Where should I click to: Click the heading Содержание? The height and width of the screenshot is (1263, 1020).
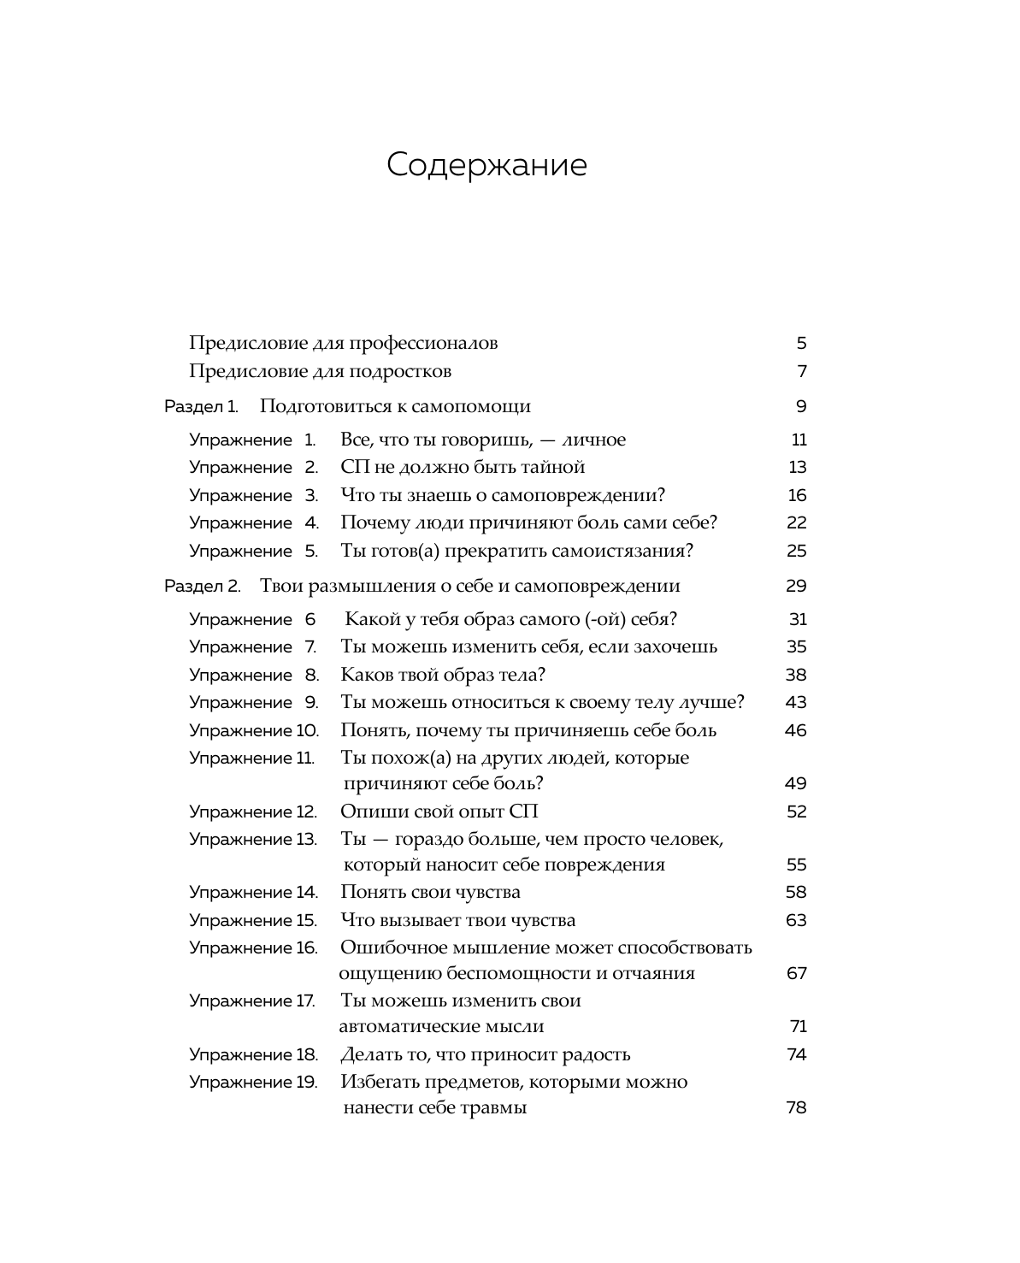pyautogui.click(x=486, y=165)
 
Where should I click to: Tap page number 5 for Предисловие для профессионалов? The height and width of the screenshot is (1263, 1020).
pyautogui.click(x=801, y=344)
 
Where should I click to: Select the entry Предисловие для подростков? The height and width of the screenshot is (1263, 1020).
pyautogui.click(x=320, y=371)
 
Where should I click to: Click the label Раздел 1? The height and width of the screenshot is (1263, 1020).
pyautogui.click(x=201, y=406)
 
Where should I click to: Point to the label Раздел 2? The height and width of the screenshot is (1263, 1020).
pyautogui.click(x=203, y=586)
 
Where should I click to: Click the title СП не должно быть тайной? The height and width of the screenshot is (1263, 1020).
pyautogui.click(x=463, y=467)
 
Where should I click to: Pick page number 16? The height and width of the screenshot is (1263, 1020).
pyautogui.click(x=797, y=495)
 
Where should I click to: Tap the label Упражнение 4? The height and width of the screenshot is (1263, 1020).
pyautogui.click(x=254, y=522)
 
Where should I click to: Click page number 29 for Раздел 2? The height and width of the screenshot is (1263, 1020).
pyautogui.click(x=795, y=586)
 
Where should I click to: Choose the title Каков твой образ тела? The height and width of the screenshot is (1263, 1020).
pyautogui.click(x=443, y=675)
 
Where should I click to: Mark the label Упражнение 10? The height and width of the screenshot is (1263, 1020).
pyautogui.click(x=254, y=730)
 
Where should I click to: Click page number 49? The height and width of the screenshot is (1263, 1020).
pyautogui.click(x=795, y=783)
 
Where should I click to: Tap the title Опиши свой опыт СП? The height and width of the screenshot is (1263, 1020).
pyautogui.click(x=439, y=812)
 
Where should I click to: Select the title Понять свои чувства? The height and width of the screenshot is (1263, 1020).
pyautogui.click(x=430, y=892)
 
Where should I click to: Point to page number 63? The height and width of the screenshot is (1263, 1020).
pyautogui.click(x=796, y=920)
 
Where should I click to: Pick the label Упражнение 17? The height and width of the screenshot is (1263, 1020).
pyautogui.click(x=252, y=1000)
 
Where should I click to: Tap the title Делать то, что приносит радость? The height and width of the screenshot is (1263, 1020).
pyautogui.click(x=486, y=1054)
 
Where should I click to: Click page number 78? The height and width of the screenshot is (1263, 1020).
pyautogui.click(x=796, y=1108)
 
